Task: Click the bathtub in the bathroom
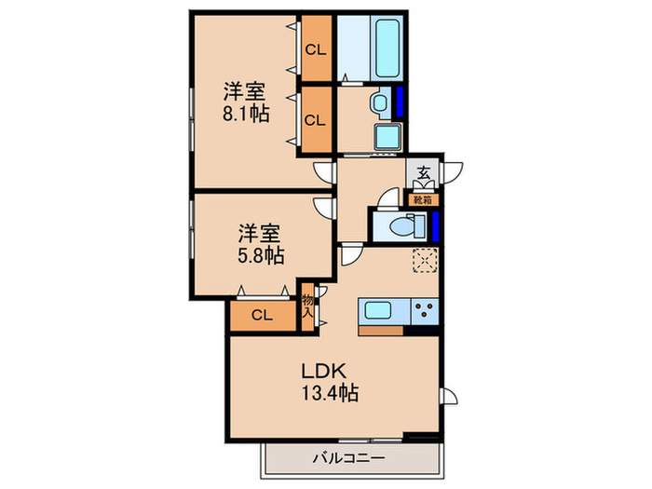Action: coord(387,48)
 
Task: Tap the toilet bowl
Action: coord(402,227)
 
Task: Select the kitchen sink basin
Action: coord(377,311)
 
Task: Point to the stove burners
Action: coord(425,311)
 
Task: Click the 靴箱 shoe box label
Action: coord(423,200)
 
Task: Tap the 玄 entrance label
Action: coord(423,171)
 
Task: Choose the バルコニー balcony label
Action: coord(349,458)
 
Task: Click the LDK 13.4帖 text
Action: coord(330,381)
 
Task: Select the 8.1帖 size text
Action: coord(246,113)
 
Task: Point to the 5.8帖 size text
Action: coord(261,255)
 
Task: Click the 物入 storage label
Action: coord(307,306)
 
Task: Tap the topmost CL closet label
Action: coord(316,50)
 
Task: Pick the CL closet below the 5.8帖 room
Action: coord(262,315)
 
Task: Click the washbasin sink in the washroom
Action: coord(380,102)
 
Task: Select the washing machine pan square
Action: coord(388,136)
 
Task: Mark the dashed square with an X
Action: coord(425,260)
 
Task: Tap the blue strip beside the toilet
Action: coord(435,226)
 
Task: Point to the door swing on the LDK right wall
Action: coord(449,396)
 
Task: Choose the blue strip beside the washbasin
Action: coord(400,102)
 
